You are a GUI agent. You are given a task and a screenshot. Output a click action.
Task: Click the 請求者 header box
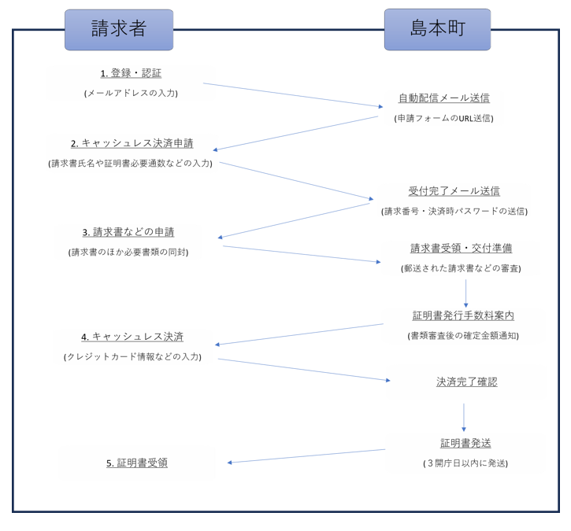click(119, 30)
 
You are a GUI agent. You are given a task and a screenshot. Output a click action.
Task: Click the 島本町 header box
click(437, 30)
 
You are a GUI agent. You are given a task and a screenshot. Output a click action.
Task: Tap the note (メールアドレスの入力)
click(131, 93)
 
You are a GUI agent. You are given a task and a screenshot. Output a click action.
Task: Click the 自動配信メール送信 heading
click(443, 98)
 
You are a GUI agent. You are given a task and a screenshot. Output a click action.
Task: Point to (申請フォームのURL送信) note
click(443, 118)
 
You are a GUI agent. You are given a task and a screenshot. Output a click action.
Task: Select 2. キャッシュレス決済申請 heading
click(132, 143)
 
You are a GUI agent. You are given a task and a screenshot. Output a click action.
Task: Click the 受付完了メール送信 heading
click(454, 190)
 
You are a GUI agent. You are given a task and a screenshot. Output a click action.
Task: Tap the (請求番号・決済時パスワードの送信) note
click(454, 211)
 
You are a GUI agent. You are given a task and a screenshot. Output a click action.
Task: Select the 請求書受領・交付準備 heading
click(461, 248)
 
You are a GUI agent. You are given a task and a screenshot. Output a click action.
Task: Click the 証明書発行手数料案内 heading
click(463, 315)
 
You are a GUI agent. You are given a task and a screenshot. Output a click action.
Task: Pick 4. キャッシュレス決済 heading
click(132, 336)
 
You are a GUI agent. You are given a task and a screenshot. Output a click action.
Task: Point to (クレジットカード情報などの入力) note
click(132, 356)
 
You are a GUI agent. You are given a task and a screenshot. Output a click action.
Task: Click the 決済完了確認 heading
click(466, 382)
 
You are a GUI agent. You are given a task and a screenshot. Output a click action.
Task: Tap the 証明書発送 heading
click(465, 443)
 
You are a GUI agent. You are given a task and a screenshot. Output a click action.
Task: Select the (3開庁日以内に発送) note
click(465, 463)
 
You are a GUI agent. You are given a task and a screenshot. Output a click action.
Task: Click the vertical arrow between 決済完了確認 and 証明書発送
click(463, 417)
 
